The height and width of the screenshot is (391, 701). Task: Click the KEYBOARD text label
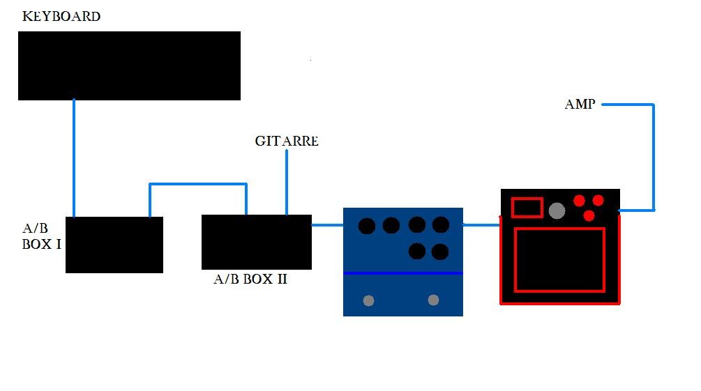[61, 16]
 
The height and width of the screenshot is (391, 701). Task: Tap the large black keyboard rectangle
[129, 66]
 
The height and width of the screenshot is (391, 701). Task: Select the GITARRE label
[287, 141]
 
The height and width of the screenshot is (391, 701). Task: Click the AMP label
[580, 105]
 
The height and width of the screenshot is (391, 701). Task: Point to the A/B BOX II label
[250, 279]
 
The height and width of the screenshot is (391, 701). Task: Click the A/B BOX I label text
[41, 238]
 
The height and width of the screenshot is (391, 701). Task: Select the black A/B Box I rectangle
[114, 245]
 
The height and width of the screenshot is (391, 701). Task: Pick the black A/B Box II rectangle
[256, 242]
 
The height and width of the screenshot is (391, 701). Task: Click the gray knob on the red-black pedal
[557, 210]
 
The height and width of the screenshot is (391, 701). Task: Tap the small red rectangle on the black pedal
[527, 207]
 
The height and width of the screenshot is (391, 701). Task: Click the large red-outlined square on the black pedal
[559, 259]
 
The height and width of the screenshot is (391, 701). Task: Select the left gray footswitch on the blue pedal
[368, 300]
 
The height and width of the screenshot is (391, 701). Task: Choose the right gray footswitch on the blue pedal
[433, 300]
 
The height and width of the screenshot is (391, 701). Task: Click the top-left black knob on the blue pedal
[367, 226]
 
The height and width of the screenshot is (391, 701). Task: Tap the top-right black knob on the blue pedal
[441, 224]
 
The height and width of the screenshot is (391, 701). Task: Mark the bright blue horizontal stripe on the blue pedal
[403, 273]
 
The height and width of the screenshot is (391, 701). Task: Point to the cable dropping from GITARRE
[287, 181]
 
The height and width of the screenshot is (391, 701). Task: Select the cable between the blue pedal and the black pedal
[482, 224]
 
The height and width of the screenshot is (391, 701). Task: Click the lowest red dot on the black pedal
[589, 216]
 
